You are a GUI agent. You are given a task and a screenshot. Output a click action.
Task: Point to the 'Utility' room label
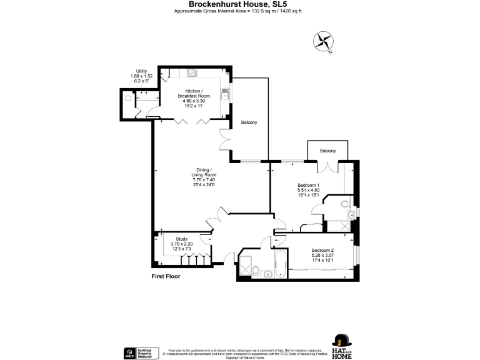click(x=141, y=71)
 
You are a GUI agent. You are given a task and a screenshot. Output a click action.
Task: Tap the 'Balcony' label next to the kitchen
click(x=249, y=122)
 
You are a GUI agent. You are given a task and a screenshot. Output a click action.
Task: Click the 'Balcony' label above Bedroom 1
click(x=327, y=151)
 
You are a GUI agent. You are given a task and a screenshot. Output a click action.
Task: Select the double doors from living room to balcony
click(x=226, y=141)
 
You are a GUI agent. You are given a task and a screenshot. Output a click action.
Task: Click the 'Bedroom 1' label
click(x=308, y=185)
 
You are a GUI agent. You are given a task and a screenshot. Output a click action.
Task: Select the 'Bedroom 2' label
click(x=323, y=251)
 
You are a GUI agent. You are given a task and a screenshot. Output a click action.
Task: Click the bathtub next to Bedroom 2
click(x=280, y=264)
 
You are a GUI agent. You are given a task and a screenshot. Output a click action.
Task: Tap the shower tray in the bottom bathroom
click(x=248, y=266)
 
